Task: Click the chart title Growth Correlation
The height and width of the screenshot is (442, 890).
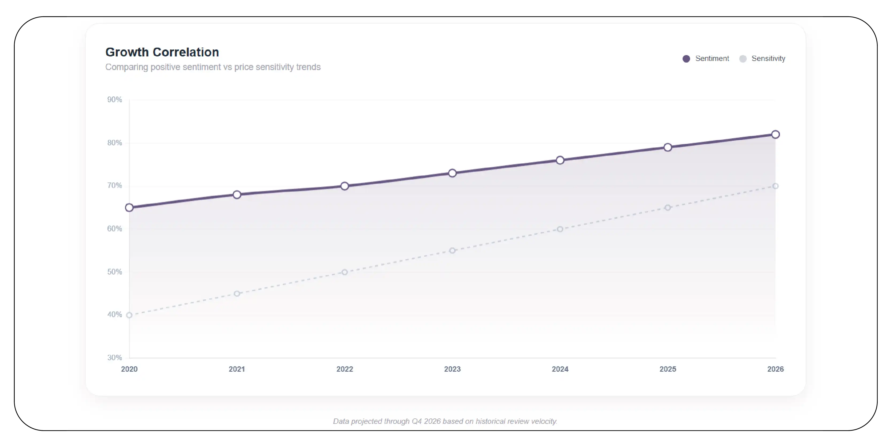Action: click(162, 52)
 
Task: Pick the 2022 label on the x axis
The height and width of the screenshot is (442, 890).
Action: click(345, 369)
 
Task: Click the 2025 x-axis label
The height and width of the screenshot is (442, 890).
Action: click(668, 369)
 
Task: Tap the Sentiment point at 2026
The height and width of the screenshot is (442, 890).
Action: click(775, 134)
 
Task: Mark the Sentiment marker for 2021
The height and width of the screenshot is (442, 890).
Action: click(237, 195)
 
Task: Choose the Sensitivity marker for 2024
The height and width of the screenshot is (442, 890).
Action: click(560, 229)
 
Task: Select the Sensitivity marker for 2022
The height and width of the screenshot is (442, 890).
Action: click(345, 272)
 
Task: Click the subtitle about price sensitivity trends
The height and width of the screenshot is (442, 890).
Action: click(213, 67)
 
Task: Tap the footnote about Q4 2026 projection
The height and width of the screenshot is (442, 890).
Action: click(445, 421)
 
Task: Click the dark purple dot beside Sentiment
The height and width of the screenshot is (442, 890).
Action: click(686, 59)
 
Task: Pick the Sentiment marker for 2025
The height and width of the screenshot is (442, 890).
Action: click(668, 148)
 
